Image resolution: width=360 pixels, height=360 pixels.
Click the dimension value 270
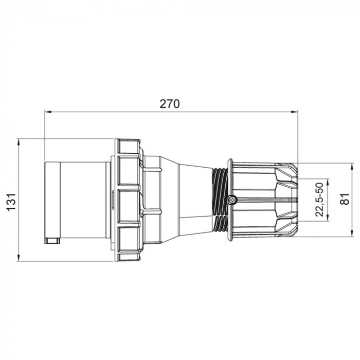click(x=169, y=104)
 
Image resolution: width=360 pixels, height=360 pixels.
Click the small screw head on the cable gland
click(x=232, y=200)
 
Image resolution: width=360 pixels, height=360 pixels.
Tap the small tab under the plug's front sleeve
click(x=52, y=240)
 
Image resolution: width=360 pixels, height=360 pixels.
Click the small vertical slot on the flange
click(x=113, y=200)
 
